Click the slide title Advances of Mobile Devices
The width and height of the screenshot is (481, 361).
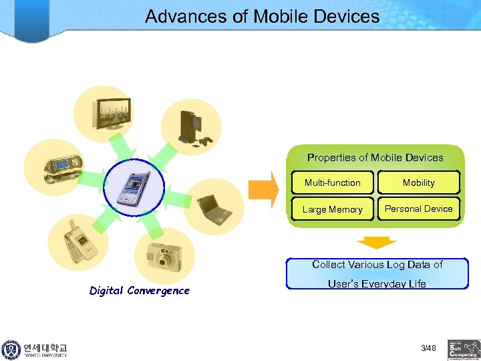coord(262,16)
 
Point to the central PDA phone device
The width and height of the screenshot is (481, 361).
coord(134,187)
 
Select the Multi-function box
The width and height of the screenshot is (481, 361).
coord(332,183)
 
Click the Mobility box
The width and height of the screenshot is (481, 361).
coord(419,183)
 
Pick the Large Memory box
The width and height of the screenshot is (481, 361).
coord(332,209)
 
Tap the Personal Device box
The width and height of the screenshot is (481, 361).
coord(419,209)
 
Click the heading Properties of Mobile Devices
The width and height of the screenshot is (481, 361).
coord(375,158)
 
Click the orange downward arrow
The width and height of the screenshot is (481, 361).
coord(376,242)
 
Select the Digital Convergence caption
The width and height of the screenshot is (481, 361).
coord(140,290)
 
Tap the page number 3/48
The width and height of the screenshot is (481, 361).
coord(428,348)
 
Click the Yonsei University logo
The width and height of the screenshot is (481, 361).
coord(35,350)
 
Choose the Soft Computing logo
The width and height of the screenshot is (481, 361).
coord(464,349)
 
